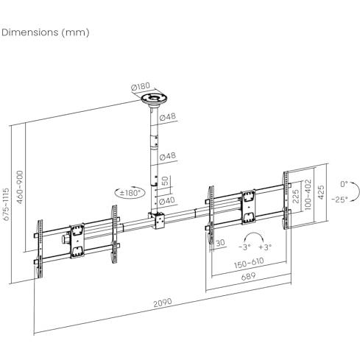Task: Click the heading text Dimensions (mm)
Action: click(x=46, y=32)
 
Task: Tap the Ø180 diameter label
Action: click(x=141, y=86)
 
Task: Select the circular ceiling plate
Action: click(x=155, y=99)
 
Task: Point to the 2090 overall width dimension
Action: click(x=163, y=303)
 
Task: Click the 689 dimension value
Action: click(x=248, y=277)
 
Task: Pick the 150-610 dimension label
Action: click(x=249, y=263)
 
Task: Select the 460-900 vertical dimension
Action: click(x=20, y=187)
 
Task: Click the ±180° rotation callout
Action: click(x=130, y=193)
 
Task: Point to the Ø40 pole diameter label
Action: click(x=167, y=201)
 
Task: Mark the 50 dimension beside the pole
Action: click(x=166, y=181)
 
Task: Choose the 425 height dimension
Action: click(x=320, y=192)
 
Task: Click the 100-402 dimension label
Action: click(x=308, y=194)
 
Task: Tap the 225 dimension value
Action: click(x=296, y=197)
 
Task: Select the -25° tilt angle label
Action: click(x=339, y=199)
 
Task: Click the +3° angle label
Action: click(x=265, y=247)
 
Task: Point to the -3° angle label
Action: click(x=244, y=247)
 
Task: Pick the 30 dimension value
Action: click(x=220, y=243)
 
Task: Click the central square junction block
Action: click(x=156, y=220)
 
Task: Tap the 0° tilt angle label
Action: click(x=344, y=184)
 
